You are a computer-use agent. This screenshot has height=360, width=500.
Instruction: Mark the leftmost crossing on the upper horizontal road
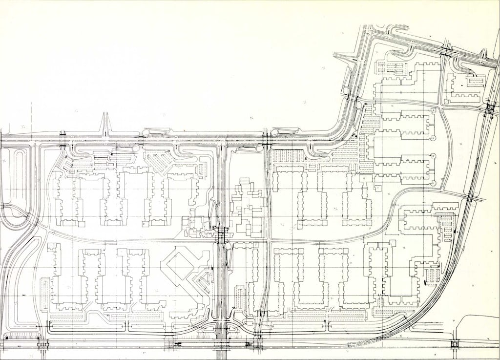pos(62,140)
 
